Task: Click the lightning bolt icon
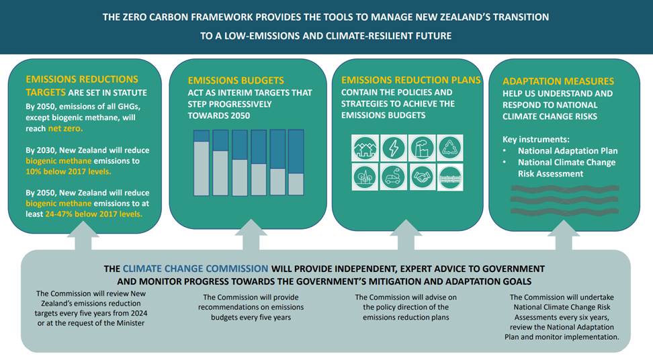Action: (394, 148)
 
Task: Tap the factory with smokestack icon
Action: (422, 148)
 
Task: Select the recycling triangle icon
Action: (449, 148)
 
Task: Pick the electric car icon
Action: (394, 177)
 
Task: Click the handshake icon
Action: (422, 177)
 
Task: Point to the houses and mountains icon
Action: (365, 148)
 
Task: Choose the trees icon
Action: (365, 177)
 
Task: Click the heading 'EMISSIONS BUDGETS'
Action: (236, 81)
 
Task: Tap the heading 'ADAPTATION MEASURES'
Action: (558, 81)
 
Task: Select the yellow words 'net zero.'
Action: (65, 128)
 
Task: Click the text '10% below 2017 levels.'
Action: (69, 171)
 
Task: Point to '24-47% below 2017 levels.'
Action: (93, 214)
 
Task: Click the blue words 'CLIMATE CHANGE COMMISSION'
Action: (195, 269)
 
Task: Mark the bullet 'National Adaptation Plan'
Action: (568, 151)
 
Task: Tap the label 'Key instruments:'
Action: (535, 140)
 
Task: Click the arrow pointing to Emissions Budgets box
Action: (251, 234)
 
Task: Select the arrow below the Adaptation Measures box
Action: (563, 235)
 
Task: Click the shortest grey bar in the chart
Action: (296, 185)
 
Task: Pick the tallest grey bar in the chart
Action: (202, 169)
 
